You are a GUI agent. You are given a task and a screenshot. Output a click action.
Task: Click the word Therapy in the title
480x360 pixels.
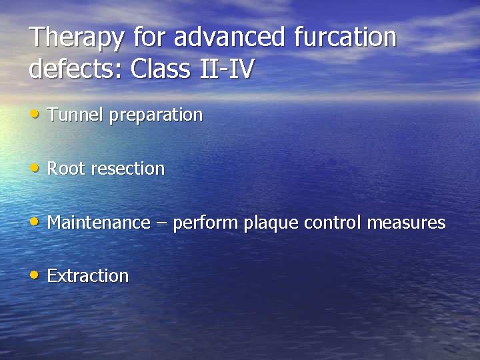pos(77,38)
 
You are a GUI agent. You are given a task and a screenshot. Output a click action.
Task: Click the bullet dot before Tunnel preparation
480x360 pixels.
pos(35,114)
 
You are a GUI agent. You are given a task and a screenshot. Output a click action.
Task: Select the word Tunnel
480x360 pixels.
pos(76,115)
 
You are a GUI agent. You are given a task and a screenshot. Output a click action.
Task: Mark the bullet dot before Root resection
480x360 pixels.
pos(35,168)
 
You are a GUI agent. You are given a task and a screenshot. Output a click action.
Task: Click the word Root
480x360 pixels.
pos(66,169)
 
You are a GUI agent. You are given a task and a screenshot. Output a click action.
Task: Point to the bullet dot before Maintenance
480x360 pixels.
pos(35,221)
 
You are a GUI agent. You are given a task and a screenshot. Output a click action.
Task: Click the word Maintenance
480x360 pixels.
pos(99,222)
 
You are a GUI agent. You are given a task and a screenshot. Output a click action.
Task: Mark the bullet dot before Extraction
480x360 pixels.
pos(35,275)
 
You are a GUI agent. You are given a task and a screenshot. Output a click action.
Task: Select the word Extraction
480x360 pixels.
pos(88,275)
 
